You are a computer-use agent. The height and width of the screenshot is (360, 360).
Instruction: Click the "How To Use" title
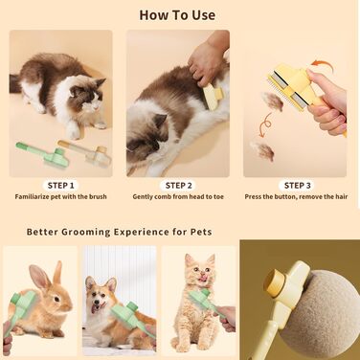click(177, 15)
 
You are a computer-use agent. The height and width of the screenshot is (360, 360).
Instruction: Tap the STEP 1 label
click(60, 186)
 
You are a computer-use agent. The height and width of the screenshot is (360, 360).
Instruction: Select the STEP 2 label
click(179, 186)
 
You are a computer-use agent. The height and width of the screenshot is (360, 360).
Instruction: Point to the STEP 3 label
click(297, 186)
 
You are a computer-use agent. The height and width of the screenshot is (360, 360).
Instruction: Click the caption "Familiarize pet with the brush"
click(60, 196)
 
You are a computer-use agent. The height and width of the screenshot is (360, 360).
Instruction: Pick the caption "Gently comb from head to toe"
click(178, 196)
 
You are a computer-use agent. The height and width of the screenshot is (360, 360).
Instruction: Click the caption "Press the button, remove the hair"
click(296, 196)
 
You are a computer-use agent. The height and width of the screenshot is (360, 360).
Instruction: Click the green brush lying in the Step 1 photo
click(43, 154)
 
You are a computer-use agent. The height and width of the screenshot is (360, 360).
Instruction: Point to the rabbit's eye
click(56, 299)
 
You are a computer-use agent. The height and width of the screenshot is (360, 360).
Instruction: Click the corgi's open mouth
click(96, 307)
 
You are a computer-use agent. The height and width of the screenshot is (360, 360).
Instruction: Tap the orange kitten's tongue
click(201, 280)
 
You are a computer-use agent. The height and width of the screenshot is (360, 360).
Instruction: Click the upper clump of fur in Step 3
click(272, 101)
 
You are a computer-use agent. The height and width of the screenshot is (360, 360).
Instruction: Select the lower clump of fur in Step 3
click(262, 150)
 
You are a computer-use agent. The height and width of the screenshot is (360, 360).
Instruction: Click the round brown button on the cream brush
click(274, 281)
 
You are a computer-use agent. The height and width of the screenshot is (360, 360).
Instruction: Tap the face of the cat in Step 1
click(86, 96)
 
